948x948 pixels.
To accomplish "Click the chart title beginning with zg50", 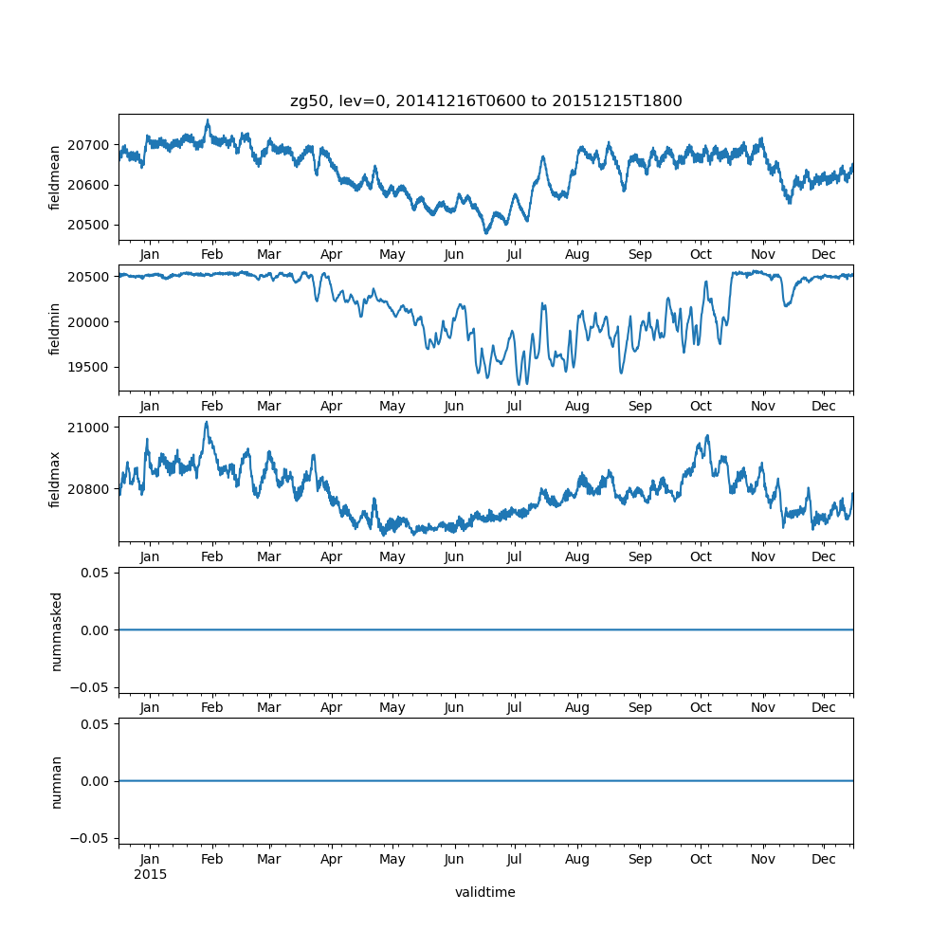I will tap(485, 100).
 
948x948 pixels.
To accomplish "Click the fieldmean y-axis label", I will tap(56, 177).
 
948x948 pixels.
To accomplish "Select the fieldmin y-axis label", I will tap(56, 329).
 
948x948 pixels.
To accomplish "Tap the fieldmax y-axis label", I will tap(56, 480).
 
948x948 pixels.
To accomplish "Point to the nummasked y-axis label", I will tap(56, 630).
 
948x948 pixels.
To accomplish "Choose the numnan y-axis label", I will tap(56, 781).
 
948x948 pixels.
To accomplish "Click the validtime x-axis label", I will tap(485, 892).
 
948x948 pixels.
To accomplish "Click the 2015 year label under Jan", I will tap(150, 874).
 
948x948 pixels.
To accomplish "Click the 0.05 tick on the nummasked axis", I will tap(98, 573).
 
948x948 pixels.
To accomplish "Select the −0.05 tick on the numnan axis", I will tap(94, 837).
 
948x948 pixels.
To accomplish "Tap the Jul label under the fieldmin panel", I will tap(514, 406).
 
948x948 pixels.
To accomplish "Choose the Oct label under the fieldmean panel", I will tap(701, 255).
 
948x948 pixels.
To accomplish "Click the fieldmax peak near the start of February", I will tap(206, 423).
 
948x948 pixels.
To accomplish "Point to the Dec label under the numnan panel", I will tap(824, 859).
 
